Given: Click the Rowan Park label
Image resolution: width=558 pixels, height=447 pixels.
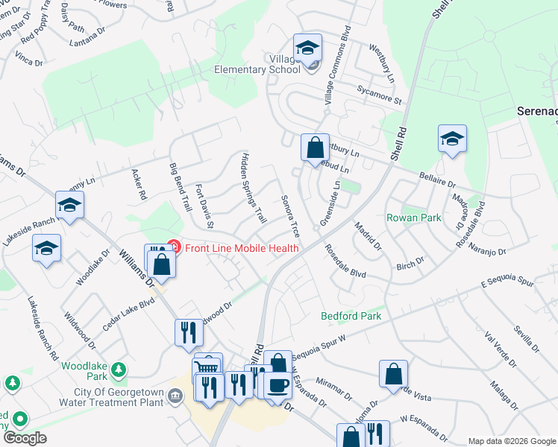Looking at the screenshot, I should pyautogui.click(x=413, y=218).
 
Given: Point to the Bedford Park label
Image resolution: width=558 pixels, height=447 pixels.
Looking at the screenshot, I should pyautogui.click(x=351, y=316).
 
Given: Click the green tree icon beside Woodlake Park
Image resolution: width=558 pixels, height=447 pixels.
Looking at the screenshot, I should pyautogui.click(x=117, y=370).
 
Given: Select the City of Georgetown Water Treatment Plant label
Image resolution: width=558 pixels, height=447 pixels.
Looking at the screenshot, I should pyautogui.click(x=119, y=397).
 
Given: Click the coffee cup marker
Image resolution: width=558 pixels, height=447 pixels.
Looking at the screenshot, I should pyautogui.click(x=278, y=385).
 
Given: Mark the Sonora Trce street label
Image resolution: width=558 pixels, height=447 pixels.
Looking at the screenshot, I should pyautogui.click(x=289, y=217).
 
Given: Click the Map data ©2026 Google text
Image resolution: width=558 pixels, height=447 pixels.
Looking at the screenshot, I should pyautogui.click(x=512, y=441).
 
